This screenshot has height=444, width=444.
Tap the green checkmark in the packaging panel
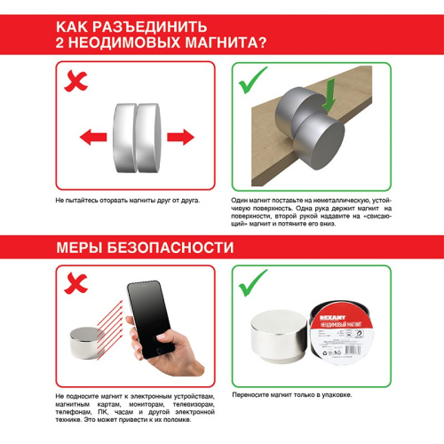pyautogui.click(x=255, y=284)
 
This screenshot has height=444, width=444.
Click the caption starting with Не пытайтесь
pyautogui.click(x=127, y=201)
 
